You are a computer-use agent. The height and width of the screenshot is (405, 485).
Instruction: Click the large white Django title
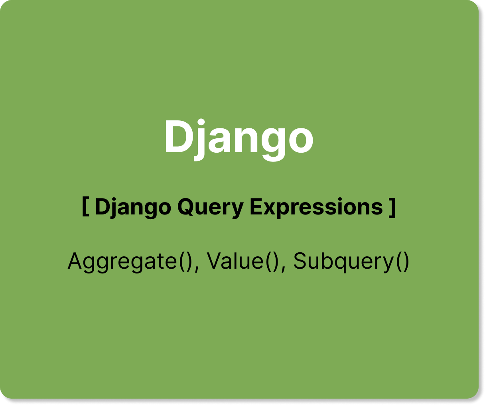click(x=239, y=138)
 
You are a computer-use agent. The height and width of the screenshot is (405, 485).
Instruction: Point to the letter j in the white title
click(x=199, y=140)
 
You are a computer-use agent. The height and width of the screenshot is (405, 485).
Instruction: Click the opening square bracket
click(x=85, y=207)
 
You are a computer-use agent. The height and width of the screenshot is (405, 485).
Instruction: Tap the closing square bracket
click(x=392, y=207)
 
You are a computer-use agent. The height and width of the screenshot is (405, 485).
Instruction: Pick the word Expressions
click(x=316, y=208)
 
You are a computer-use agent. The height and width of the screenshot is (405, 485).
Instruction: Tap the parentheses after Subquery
click(x=402, y=262)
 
